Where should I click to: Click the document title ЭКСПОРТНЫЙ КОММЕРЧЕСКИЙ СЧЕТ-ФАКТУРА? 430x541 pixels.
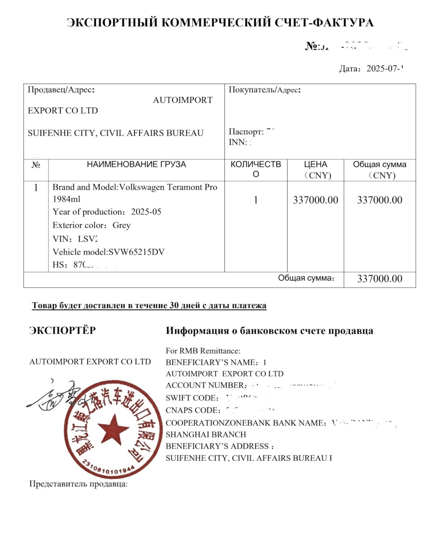tap(220, 23)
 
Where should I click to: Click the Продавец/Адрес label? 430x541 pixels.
tap(61, 89)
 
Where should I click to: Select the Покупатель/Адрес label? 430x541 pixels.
tap(264, 89)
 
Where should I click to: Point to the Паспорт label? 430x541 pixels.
tap(246, 132)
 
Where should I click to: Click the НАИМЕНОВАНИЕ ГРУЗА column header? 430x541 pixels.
tap(136, 165)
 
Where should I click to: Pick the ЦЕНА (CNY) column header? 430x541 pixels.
tap(315, 170)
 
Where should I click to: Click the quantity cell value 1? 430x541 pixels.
tap(256, 200)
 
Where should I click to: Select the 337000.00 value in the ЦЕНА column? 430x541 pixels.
tap(315, 200)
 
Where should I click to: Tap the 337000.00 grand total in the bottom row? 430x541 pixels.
tap(379, 279)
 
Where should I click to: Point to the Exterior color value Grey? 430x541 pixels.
tap(121, 225)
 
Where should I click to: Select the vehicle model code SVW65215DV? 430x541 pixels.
tap(137, 252)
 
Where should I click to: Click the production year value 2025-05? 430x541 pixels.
tap(146, 212)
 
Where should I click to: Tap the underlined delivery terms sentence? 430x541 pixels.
tap(149, 306)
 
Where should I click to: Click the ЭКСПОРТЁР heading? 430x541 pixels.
tap(62, 331)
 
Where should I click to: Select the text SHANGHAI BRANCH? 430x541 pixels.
tap(206, 434)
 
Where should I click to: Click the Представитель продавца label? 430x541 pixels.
tap(78, 484)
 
